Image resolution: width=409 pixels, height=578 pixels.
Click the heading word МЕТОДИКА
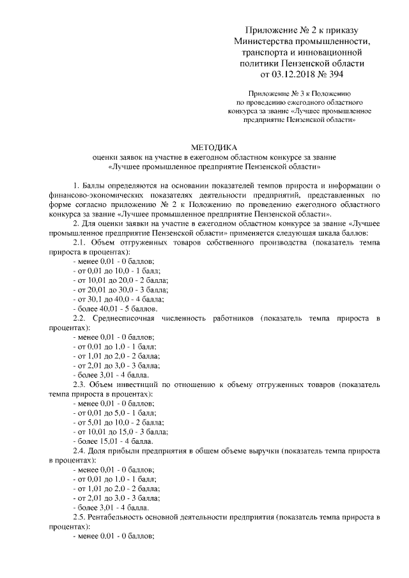tap(213, 146)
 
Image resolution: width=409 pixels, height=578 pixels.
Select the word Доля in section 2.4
tap(101, 451)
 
